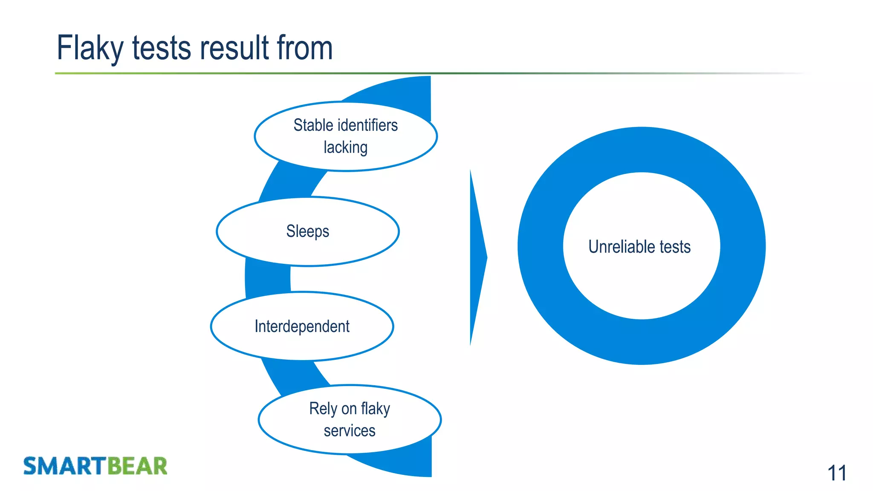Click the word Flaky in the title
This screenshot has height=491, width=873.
pyautogui.click(x=90, y=48)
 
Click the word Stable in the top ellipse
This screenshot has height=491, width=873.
pyautogui.click(x=313, y=125)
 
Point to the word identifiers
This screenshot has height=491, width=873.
pyautogui.click(x=367, y=125)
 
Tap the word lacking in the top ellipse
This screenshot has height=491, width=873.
pyautogui.click(x=345, y=147)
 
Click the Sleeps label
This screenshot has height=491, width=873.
pyautogui.click(x=308, y=231)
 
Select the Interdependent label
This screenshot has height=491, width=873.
pyautogui.click(x=302, y=326)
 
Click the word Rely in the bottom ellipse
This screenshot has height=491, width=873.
pyautogui.click(x=323, y=409)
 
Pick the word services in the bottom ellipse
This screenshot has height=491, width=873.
pyautogui.click(x=350, y=431)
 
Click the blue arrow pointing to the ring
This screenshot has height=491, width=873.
pyautogui.click(x=477, y=257)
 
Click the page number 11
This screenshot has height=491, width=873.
pyautogui.click(x=836, y=473)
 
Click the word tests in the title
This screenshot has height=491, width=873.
pyautogui.click(x=162, y=48)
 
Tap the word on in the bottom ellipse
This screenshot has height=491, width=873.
pyautogui.click(x=349, y=409)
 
